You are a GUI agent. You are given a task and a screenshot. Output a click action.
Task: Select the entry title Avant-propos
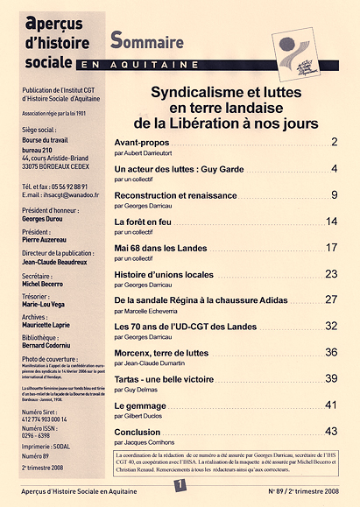pos(145,142)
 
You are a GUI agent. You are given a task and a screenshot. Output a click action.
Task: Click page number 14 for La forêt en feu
pos(331,222)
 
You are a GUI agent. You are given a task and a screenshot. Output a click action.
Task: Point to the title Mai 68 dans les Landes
pos(163,248)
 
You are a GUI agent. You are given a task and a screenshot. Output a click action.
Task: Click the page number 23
pos(331,274)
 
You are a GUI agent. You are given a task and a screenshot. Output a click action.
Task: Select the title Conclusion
pos(138,432)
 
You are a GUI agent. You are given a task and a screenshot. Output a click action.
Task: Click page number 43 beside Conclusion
pos(331,432)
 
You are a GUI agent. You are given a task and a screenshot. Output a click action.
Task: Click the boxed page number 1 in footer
pos(179,482)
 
